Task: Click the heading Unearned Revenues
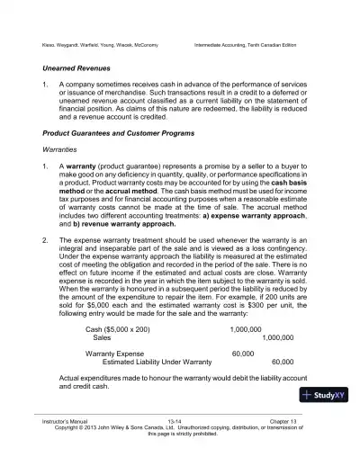point(79,67)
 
